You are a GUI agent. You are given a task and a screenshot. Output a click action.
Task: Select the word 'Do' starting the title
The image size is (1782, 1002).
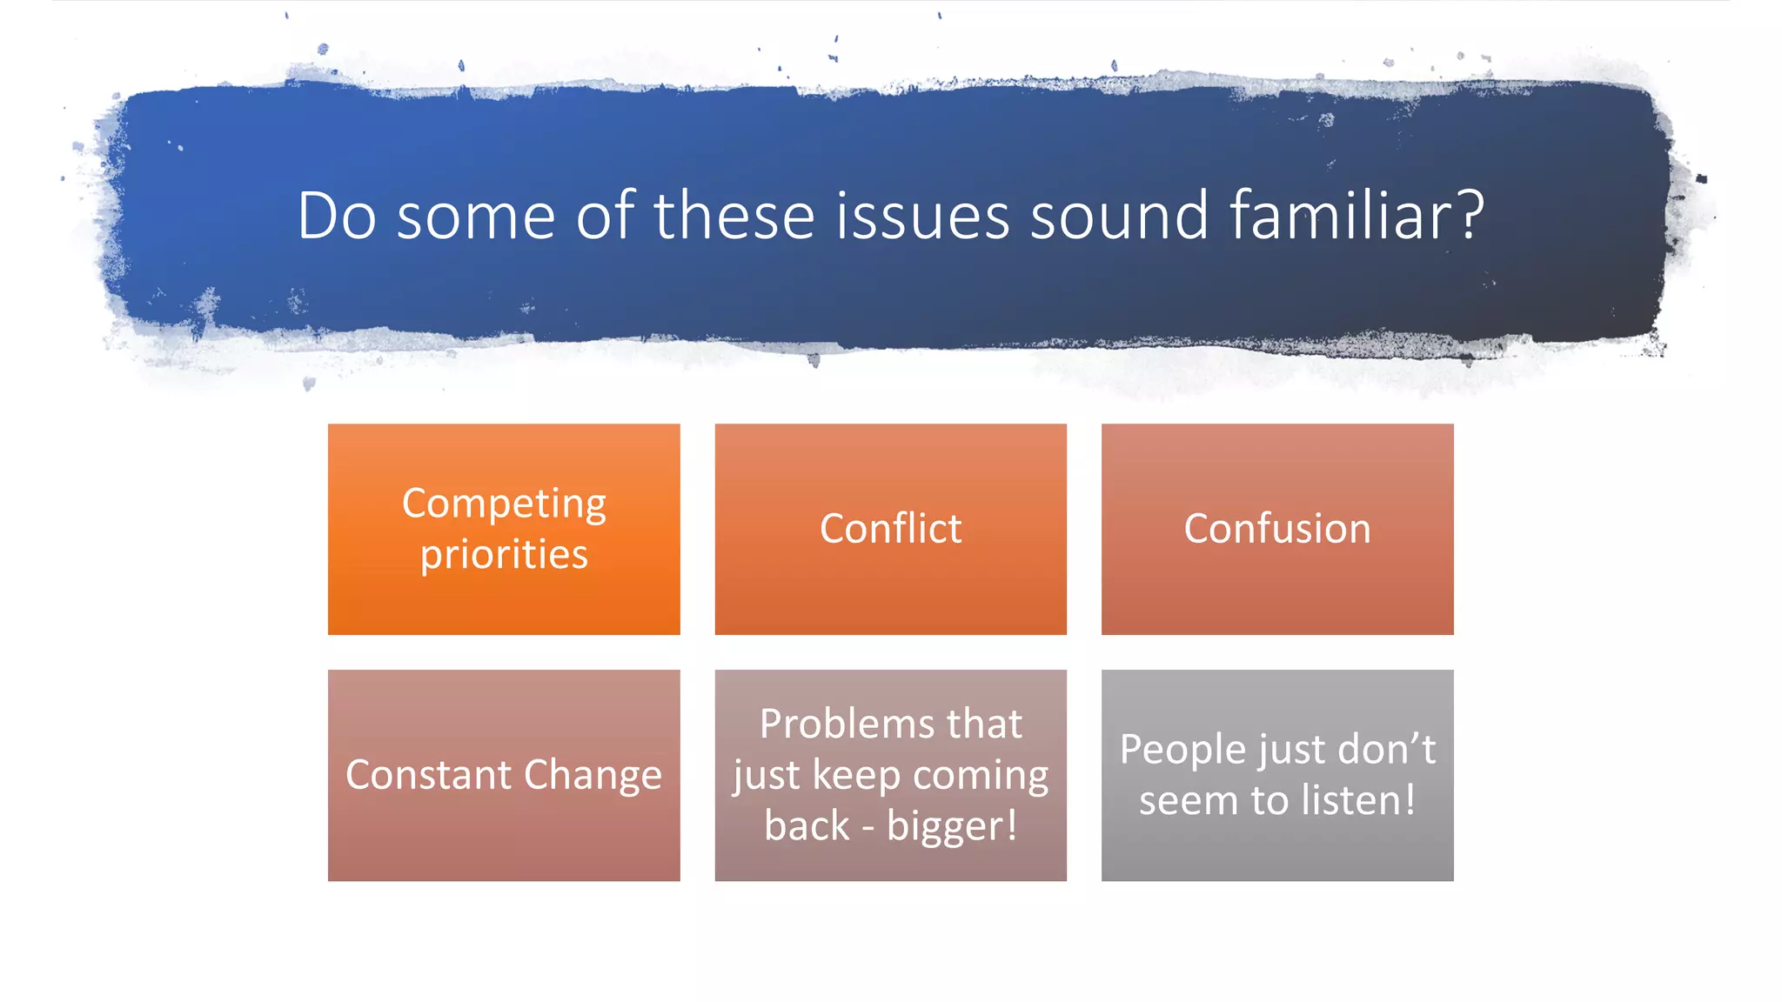337,215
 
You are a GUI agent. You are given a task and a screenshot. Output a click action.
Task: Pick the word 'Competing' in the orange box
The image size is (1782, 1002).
504,504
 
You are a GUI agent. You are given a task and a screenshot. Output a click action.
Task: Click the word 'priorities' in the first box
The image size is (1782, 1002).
504,555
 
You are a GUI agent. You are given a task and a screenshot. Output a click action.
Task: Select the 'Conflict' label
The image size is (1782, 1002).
890,529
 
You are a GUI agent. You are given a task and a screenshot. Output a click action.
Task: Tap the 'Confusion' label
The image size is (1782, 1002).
1276,529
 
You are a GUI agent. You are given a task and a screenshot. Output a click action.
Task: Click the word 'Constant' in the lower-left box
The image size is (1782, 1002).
428,774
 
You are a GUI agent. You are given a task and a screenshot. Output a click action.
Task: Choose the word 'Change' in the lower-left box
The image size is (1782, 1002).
593,774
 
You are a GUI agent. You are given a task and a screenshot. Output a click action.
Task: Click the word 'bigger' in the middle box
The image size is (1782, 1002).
945,826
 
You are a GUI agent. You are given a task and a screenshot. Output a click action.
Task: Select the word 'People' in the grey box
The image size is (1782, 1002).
1178,750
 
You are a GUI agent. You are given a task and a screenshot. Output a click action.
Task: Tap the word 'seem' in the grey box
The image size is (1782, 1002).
1188,800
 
